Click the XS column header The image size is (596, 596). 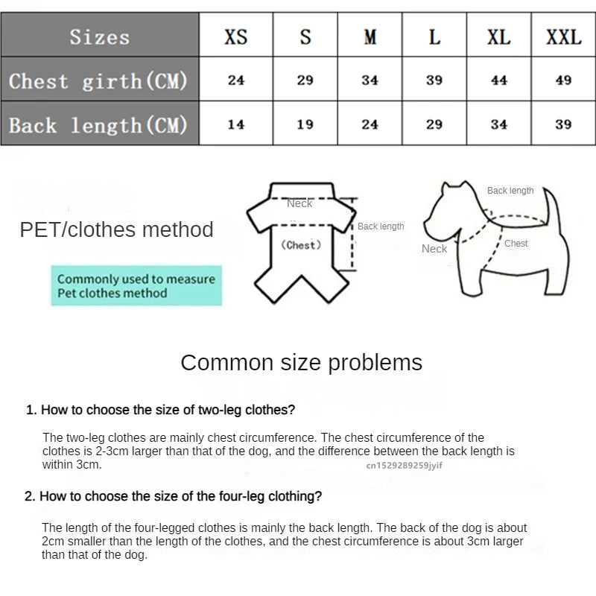[x=236, y=37]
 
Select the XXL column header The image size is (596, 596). [x=563, y=37]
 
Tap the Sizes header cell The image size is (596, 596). [x=100, y=37]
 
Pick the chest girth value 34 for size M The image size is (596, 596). [x=370, y=80]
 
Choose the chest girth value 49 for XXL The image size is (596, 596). [x=563, y=80]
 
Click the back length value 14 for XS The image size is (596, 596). [x=236, y=124]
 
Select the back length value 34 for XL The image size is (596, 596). [x=499, y=124]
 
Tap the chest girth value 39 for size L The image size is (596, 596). [x=434, y=80]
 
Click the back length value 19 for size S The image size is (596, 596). [x=305, y=124]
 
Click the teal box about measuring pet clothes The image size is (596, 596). [x=136, y=286]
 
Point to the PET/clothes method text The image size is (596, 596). [x=116, y=229]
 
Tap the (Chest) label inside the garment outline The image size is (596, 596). [x=301, y=245]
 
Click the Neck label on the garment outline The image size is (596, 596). [x=300, y=203]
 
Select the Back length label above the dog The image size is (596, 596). [x=510, y=191]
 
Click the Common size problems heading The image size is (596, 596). [x=301, y=363]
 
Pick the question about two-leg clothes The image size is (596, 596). [x=160, y=410]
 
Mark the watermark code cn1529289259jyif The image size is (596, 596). [x=404, y=465]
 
